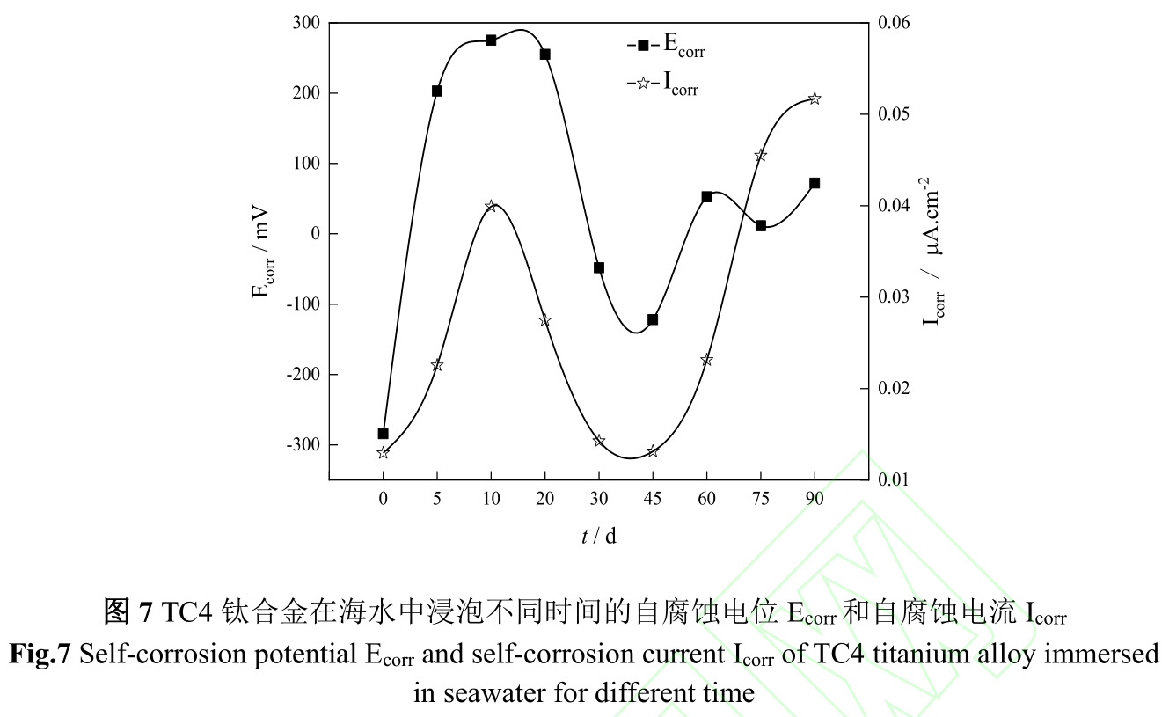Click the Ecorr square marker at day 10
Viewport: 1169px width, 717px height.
tap(491, 40)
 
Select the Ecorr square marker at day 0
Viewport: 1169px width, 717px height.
tap(383, 434)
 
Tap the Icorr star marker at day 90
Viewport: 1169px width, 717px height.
tap(815, 99)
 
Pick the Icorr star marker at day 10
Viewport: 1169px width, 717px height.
tap(491, 206)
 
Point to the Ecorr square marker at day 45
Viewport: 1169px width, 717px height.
tap(653, 319)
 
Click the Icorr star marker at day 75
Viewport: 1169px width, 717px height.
tap(761, 156)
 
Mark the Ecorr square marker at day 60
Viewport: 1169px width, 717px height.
tap(706, 197)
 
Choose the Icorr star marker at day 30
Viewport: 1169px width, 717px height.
tap(599, 441)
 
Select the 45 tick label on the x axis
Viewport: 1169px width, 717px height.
tap(653, 499)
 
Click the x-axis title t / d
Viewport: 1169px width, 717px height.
tap(598, 536)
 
